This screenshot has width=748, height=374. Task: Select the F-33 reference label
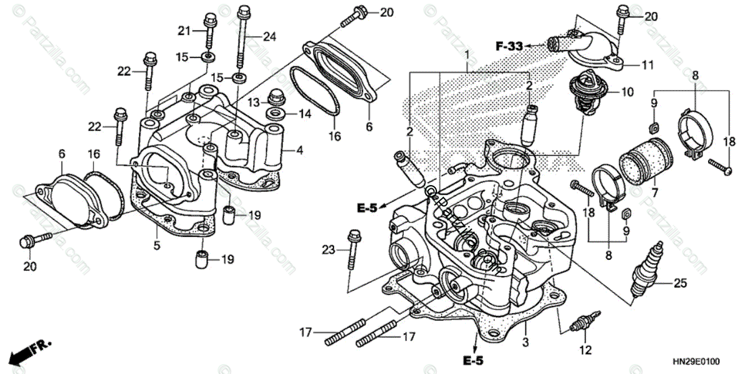point(509,46)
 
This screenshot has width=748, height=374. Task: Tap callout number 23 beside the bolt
point(328,250)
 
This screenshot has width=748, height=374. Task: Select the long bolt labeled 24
point(241,39)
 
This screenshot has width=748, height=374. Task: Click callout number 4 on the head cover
point(299,150)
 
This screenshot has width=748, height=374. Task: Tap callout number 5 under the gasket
point(156,246)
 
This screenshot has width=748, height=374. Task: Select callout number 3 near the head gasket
point(525,342)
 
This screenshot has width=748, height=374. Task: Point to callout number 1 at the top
point(467,55)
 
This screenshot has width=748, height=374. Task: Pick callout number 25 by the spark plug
point(681,284)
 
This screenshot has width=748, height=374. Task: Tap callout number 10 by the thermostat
point(626,92)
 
